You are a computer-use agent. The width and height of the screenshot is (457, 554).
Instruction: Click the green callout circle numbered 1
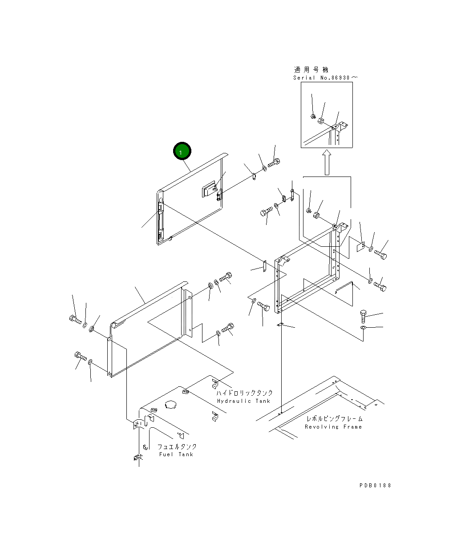(x=182, y=152)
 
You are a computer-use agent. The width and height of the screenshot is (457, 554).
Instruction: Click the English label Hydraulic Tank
(x=243, y=401)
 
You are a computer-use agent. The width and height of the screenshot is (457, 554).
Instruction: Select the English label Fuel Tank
(x=176, y=454)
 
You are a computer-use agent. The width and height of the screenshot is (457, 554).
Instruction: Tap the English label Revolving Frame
(x=333, y=426)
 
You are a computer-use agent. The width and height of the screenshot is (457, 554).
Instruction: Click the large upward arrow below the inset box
(x=327, y=162)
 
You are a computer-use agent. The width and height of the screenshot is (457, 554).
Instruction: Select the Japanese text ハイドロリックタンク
(x=244, y=393)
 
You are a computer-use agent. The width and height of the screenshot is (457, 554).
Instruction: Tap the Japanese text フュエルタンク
(x=177, y=446)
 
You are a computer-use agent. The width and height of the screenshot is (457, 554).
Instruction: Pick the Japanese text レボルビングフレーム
(x=334, y=418)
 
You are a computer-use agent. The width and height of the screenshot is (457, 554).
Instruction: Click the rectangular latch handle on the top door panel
(x=208, y=190)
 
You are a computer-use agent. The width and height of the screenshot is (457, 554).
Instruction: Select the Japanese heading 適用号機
(x=311, y=69)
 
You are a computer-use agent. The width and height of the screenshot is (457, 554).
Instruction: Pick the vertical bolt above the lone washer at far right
(x=363, y=317)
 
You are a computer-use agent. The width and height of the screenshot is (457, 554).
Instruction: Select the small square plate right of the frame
(x=361, y=246)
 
